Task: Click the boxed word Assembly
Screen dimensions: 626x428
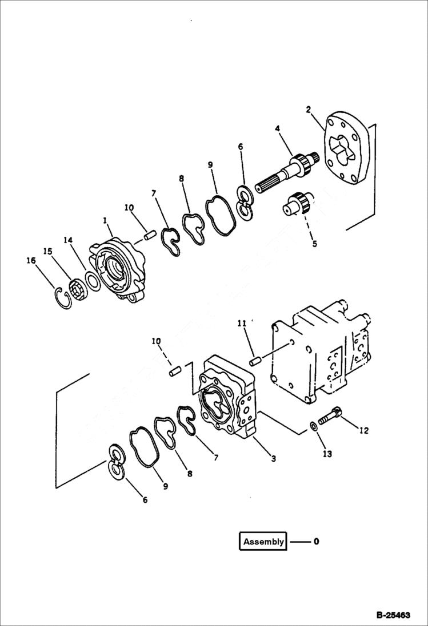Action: (x=263, y=542)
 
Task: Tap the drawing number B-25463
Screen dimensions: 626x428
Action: (x=393, y=615)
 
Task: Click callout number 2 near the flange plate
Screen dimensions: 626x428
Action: (x=308, y=109)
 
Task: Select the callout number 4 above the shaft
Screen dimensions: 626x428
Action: (x=277, y=130)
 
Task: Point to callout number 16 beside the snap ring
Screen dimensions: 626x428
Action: (x=31, y=261)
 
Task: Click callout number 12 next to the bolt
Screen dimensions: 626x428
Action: (x=363, y=431)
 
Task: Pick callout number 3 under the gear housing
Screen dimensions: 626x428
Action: (x=274, y=458)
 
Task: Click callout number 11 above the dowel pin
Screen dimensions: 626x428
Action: (x=242, y=323)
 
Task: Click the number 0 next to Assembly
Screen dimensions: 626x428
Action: (x=316, y=542)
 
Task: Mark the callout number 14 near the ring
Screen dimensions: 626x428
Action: (x=69, y=241)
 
